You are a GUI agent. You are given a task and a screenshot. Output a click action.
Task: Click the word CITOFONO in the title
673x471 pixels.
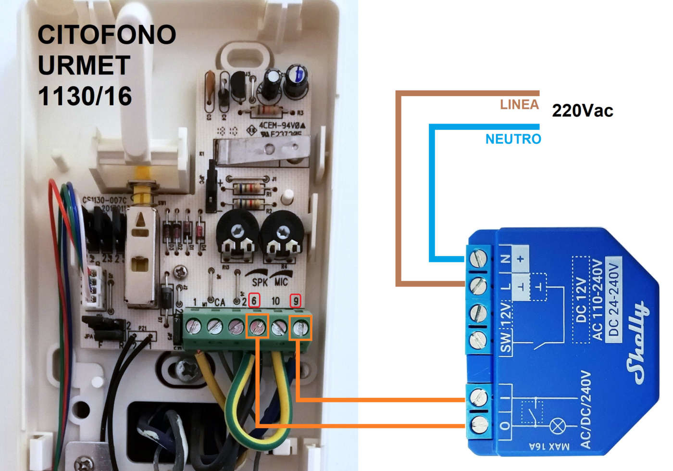pyautogui.click(x=107, y=35)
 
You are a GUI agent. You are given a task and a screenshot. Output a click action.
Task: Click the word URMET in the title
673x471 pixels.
pyautogui.click(x=84, y=65)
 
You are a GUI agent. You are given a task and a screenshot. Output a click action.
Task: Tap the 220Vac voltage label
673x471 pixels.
pyautogui.click(x=582, y=111)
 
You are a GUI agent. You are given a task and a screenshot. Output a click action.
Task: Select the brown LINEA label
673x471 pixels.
pyautogui.click(x=519, y=104)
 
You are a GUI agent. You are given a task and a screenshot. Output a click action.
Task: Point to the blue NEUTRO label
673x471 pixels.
pyautogui.click(x=513, y=139)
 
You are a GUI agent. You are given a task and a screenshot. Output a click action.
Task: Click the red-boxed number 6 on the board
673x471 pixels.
pyautogui.click(x=254, y=300)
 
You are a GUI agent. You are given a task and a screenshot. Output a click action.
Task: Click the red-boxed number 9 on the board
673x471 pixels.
pyautogui.click(x=296, y=301)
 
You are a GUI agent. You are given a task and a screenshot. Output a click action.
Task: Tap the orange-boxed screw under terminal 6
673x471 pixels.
pyautogui.click(x=257, y=327)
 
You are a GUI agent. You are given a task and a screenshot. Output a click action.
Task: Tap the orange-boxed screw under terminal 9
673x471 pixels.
pyautogui.click(x=300, y=328)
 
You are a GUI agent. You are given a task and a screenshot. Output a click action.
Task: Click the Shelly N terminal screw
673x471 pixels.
pyautogui.click(x=478, y=258)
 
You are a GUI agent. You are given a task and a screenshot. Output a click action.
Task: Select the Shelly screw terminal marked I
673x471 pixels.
pyautogui.click(x=478, y=397)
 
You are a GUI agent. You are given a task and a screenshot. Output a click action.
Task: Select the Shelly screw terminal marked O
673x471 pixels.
pyautogui.click(x=479, y=424)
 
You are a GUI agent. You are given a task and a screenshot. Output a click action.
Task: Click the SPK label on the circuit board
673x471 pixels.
pyautogui.click(x=260, y=281)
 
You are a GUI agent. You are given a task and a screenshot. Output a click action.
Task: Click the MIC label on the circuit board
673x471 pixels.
pyautogui.click(x=281, y=281)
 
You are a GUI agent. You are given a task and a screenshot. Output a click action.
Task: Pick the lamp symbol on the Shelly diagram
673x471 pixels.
pyautogui.click(x=558, y=425)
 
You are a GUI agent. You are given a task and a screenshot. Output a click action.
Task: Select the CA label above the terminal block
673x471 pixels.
pyautogui.click(x=219, y=302)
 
